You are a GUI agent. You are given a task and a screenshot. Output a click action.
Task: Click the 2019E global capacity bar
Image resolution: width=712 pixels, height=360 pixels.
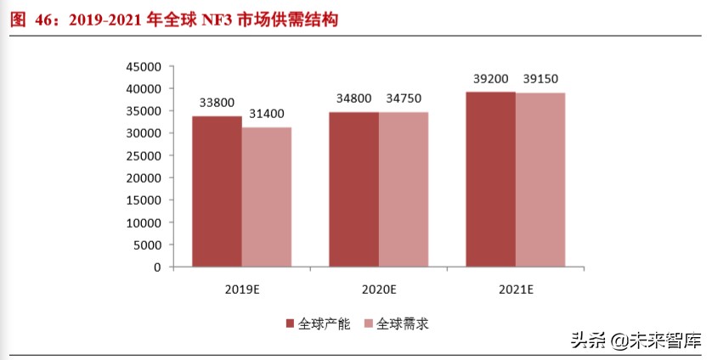coord(217,192)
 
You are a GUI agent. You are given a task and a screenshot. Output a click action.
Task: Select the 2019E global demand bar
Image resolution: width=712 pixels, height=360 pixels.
coord(266,197)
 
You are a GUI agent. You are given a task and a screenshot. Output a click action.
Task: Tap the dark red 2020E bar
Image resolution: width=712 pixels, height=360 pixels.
coord(354,189)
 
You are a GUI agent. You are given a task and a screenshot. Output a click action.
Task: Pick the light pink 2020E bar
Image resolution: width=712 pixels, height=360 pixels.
coord(404,189)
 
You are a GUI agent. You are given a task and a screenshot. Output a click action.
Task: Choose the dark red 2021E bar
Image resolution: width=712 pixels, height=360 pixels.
coord(490,179)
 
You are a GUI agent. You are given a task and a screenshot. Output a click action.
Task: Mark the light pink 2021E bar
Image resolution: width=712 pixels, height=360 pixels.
coord(540,180)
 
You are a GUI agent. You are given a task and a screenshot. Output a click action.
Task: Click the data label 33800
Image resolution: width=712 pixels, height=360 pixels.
coord(218,103)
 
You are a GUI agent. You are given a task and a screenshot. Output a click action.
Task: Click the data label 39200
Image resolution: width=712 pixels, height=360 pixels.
coord(491,79)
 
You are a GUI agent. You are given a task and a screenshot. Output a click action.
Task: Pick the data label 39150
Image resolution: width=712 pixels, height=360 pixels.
coord(541,79)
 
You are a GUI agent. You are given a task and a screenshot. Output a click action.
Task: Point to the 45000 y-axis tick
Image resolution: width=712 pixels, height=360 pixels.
coord(143,67)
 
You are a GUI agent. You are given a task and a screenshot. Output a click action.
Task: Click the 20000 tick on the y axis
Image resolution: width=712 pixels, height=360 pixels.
coord(143,178)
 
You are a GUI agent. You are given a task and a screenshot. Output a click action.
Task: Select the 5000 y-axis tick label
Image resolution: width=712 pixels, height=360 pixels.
coord(146,245)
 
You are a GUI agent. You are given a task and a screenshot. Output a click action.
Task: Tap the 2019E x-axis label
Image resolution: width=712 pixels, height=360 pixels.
coord(241,290)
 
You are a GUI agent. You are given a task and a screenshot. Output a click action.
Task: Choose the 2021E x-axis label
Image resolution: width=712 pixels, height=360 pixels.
coord(515,290)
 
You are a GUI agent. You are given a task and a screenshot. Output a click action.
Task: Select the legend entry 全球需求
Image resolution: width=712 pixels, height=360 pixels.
coord(398,323)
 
